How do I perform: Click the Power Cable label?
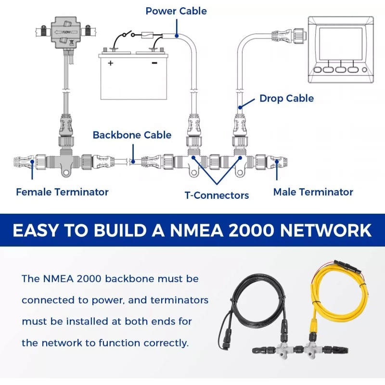click(x=176, y=11)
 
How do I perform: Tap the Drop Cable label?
click(x=286, y=98)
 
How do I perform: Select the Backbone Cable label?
click(x=132, y=135)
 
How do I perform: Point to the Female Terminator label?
click(x=62, y=192)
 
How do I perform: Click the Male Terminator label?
click(x=313, y=192)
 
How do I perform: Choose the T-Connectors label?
click(x=217, y=195)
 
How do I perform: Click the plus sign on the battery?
click(x=111, y=63)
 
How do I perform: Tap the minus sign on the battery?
click(x=154, y=63)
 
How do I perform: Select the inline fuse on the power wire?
click(x=148, y=35)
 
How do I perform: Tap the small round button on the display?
click(x=364, y=70)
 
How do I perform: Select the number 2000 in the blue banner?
click(x=251, y=231)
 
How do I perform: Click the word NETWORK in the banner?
click(x=326, y=231)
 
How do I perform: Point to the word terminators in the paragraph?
click(x=180, y=300)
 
